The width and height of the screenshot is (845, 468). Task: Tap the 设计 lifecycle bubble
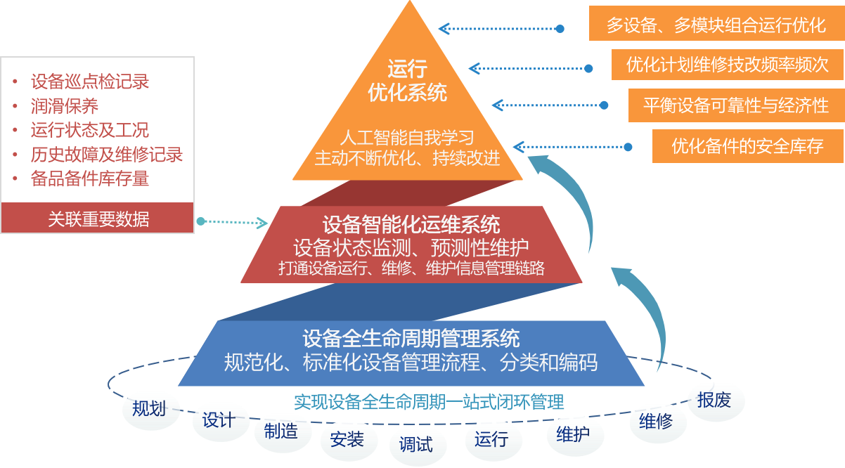click(x=219, y=420)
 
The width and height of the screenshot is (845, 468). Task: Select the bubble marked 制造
click(x=280, y=431)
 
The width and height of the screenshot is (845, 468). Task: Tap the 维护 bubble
click(x=573, y=434)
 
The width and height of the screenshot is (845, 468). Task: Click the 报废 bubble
click(x=714, y=401)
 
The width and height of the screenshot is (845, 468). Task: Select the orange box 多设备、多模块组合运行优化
click(x=716, y=26)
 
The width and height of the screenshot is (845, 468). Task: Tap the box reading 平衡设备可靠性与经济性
click(x=735, y=105)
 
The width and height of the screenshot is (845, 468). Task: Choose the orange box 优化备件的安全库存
click(x=747, y=146)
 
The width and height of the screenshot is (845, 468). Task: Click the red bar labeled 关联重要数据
click(x=98, y=219)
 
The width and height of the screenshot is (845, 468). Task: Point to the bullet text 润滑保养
click(x=65, y=106)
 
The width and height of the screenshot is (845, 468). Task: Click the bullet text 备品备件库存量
click(x=90, y=179)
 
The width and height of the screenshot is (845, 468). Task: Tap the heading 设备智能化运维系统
click(x=411, y=226)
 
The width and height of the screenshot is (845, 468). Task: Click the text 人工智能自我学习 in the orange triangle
click(x=407, y=136)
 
